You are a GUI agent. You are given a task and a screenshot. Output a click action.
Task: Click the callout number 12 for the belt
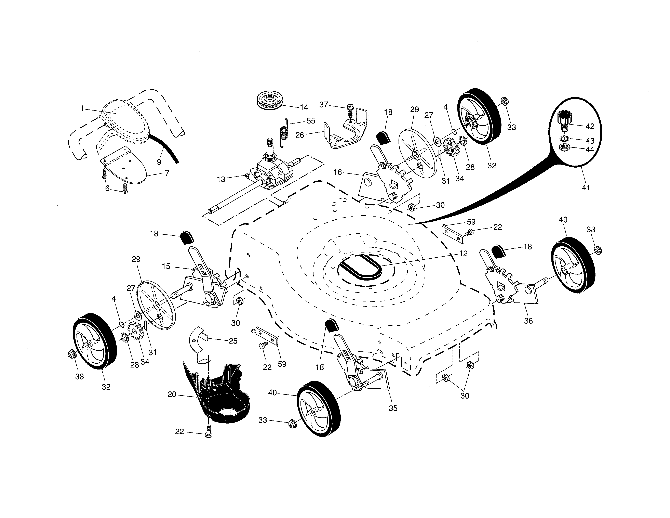[463, 254]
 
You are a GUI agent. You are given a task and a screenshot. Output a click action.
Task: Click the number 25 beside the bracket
[233, 341]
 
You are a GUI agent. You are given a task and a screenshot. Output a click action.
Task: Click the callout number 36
[528, 321]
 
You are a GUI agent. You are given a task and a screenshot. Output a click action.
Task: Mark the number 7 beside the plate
[167, 173]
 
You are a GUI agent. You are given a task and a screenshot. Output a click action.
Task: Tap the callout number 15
[166, 266]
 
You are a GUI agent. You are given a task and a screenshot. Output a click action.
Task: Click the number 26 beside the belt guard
[300, 135]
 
